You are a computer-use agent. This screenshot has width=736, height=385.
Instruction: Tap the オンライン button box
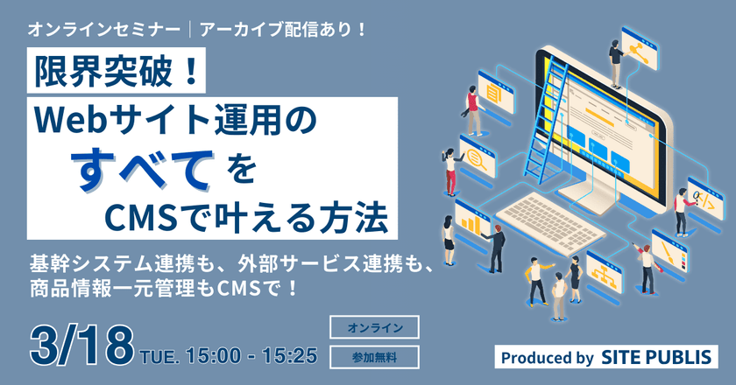tap(375, 326)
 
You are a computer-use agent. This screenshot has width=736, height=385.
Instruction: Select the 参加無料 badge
tap(375, 356)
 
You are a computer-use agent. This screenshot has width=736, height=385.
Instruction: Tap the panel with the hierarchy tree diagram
tap(605, 271)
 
